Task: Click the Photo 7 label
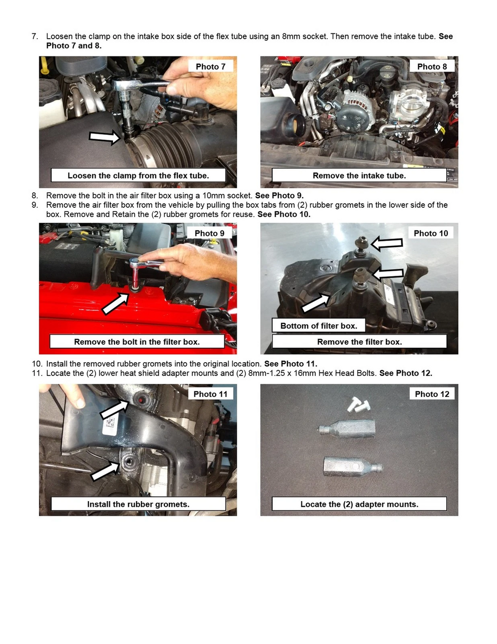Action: tap(210, 66)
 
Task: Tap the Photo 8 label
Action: tap(432, 66)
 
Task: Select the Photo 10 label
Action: tap(431, 233)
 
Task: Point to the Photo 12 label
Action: tap(432, 394)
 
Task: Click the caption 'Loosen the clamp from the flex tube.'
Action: tap(138, 176)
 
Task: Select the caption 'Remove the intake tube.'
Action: tap(359, 176)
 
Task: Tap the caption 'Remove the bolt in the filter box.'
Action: tap(137, 342)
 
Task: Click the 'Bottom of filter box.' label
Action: tap(319, 326)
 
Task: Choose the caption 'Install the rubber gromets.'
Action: tap(138, 504)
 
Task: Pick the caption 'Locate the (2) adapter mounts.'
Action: tap(359, 504)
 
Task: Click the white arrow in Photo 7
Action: tap(105, 136)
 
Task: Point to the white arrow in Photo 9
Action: tap(115, 303)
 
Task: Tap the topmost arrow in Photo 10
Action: tap(387, 244)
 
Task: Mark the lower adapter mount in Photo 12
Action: tap(353, 467)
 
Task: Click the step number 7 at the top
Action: tap(34, 36)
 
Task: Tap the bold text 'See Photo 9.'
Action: tap(279, 196)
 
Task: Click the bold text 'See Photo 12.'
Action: tap(406, 373)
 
